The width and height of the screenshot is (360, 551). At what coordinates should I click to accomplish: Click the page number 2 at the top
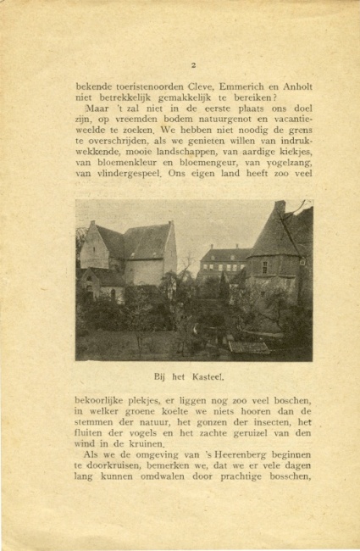tap(194, 65)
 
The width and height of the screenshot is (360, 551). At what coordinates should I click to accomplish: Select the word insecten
tap(272, 422)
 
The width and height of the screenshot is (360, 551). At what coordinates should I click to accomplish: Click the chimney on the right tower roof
tap(280, 207)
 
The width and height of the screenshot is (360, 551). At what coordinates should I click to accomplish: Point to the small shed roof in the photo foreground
tap(249, 347)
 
